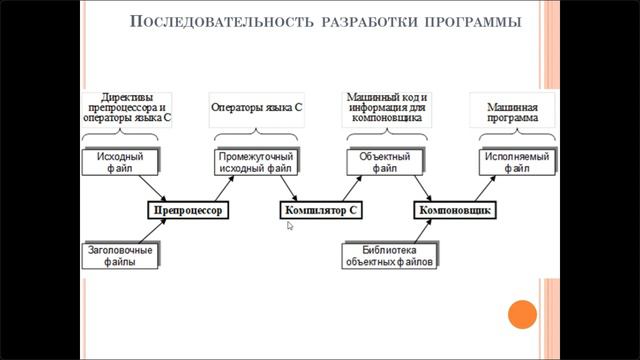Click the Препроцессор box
coord(188,211)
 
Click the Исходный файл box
coord(121,163)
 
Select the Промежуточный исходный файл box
coord(256,163)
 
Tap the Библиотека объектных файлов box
coord(389,255)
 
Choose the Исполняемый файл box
coord(515,163)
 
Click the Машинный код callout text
coord(387,104)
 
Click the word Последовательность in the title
coord(210,22)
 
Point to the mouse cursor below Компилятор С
coord(291,227)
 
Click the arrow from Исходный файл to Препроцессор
coord(151,187)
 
